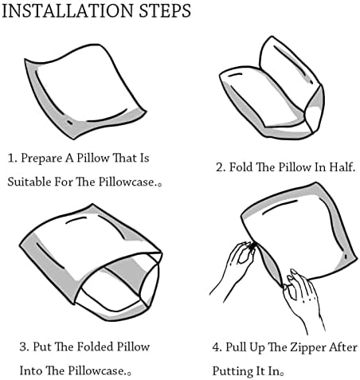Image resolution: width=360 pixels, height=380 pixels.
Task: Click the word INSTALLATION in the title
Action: tap(67, 11)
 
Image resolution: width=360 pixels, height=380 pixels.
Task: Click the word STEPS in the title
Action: tap(165, 11)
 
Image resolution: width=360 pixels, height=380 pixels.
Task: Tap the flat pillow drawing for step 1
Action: tap(85, 92)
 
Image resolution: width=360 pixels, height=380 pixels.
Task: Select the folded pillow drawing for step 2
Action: tap(272, 88)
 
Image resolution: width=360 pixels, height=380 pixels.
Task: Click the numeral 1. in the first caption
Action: tap(13, 158)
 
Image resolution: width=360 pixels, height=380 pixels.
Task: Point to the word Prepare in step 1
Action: tap(41, 159)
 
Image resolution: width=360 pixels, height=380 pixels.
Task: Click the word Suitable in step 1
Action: tap(29, 182)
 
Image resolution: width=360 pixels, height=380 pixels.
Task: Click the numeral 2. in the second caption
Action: tap(221, 167)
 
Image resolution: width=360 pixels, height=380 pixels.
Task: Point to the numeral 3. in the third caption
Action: tap(24, 347)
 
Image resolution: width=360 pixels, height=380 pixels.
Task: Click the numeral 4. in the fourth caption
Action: tap(217, 347)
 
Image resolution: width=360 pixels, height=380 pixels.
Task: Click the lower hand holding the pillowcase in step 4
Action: tap(303, 301)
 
